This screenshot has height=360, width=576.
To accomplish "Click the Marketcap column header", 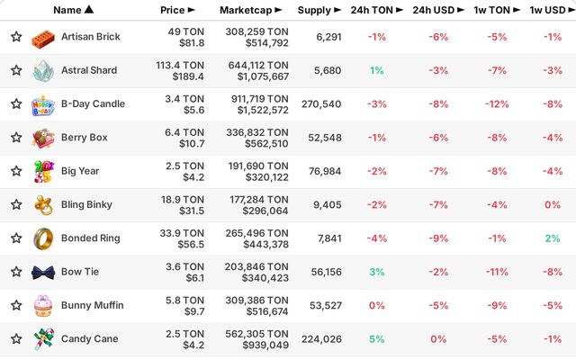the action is click(251, 10).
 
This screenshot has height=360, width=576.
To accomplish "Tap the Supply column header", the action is click(319, 10).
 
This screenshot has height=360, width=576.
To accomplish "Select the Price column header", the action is click(177, 10).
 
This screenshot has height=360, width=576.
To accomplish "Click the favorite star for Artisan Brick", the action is click(16, 37).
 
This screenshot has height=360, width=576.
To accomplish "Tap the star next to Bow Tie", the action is click(16, 272).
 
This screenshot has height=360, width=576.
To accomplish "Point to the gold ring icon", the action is click(43, 238).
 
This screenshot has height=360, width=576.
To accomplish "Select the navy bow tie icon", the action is click(43, 273).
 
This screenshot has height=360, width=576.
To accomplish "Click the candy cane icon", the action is click(44, 338).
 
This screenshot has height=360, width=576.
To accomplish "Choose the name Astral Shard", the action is click(89, 70).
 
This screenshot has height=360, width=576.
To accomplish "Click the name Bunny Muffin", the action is click(92, 305).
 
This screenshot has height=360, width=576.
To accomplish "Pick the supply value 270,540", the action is click(321, 104).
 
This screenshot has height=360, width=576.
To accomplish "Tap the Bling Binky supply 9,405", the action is click(328, 205).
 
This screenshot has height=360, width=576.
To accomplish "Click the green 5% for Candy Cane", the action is click(377, 339).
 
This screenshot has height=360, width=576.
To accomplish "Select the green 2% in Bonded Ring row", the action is click(553, 238).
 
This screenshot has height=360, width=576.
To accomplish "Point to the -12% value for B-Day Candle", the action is click(497, 104).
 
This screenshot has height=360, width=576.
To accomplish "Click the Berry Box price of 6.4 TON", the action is click(184, 132).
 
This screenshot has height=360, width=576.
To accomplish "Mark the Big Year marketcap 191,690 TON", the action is click(258, 166).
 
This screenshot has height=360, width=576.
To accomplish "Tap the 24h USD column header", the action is click(438, 10).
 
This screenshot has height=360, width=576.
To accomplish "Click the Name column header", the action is click(74, 10).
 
